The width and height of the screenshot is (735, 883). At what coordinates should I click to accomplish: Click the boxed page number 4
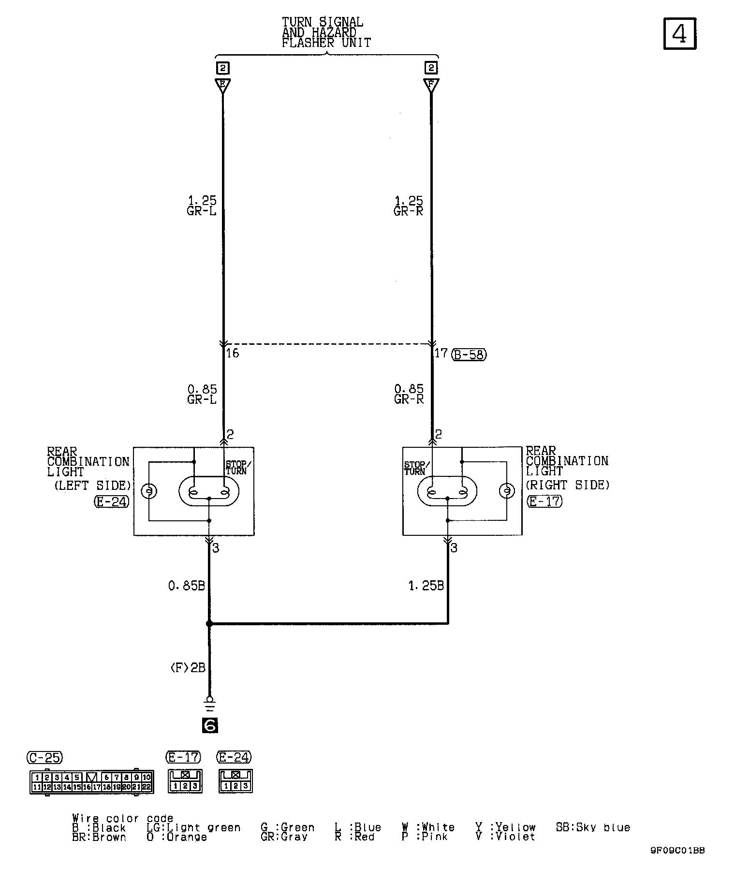679,33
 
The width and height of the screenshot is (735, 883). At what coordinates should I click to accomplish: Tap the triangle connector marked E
223,86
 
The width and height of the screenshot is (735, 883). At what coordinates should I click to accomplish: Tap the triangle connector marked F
431,86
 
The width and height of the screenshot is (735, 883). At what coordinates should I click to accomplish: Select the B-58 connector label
469,354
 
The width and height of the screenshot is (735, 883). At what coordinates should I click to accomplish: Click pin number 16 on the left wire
233,353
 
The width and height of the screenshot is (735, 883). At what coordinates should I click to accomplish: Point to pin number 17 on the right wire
441,353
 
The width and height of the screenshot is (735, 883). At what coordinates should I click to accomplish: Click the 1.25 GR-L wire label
202,206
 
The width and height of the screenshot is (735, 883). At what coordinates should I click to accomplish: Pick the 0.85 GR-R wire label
409,394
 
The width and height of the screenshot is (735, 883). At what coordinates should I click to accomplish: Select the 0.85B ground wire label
187,586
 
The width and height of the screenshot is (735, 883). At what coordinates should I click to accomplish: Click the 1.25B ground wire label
426,586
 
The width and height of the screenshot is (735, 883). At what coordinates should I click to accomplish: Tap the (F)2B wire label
188,668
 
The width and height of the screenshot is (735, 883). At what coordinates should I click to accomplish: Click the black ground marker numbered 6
210,725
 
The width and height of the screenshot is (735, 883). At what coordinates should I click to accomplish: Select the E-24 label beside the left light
112,501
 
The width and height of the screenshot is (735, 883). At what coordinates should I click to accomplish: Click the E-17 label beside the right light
545,501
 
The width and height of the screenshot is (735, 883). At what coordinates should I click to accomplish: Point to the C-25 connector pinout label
45,757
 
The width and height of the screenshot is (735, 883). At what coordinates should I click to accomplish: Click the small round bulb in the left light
149,492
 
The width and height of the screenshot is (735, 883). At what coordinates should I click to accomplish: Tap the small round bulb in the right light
506,491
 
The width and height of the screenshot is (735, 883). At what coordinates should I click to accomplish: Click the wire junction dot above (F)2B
209,624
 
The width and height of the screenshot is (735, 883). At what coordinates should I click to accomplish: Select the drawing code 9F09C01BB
677,851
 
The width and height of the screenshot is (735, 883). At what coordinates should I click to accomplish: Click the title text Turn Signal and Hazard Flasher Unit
326,32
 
